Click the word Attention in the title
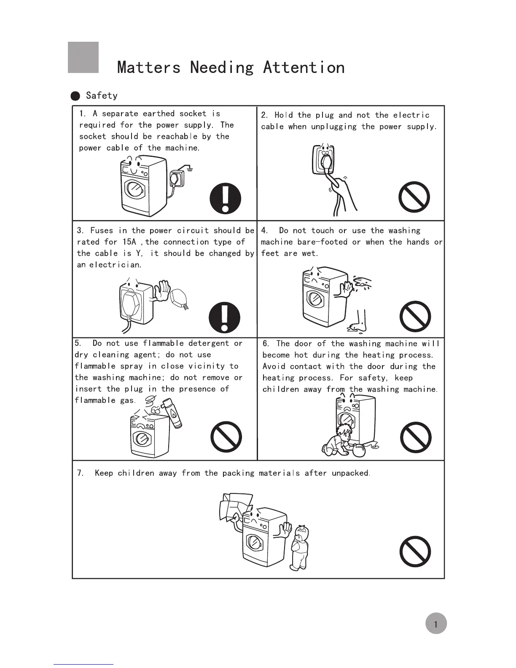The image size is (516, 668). click(x=304, y=67)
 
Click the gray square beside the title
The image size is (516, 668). click(x=83, y=57)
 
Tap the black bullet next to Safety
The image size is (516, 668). click(x=75, y=96)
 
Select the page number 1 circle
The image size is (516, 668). click(x=435, y=624)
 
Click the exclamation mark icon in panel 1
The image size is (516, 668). click(x=226, y=198)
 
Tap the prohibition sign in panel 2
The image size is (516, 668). click(x=414, y=197)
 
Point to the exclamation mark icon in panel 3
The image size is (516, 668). click(x=225, y=317)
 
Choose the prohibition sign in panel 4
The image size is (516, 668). click(x=415, y=317)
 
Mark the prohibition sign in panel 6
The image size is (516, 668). click(x=415, y=437)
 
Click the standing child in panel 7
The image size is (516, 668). click(x=300, y=547)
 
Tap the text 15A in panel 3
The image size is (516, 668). click(x=129, y=242)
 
